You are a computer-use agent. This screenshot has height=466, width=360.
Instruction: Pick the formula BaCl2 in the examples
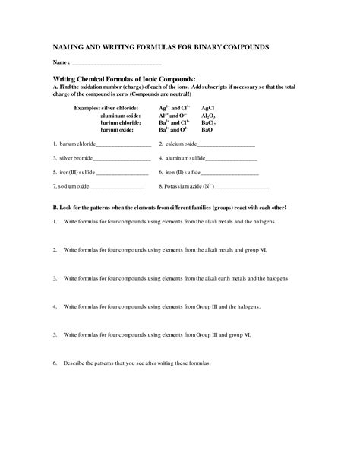pos(209,122)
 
